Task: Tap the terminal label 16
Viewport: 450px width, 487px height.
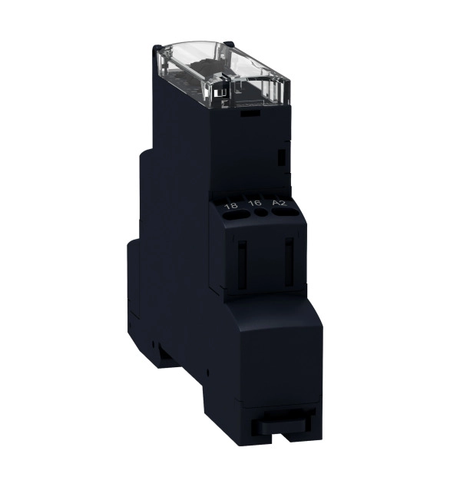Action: tap(256, 203)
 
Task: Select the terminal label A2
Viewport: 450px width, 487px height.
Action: tap(280, 203)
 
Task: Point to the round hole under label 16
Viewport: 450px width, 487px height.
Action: tap(261, 213)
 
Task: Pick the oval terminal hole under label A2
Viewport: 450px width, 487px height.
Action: tap(285, 212)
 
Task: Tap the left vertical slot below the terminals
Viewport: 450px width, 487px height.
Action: tap(242, 264)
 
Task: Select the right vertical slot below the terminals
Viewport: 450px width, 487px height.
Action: tap(290, 262)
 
